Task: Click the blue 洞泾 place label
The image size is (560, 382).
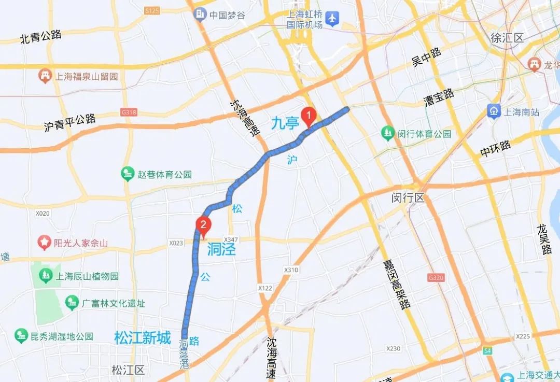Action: click(221, 250)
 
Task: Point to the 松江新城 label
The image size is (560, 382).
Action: click(142, 338)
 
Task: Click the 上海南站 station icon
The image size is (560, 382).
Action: click(494, 111)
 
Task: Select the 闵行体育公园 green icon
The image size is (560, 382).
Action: click(387, 133)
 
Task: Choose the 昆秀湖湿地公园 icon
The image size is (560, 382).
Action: click(21, 336)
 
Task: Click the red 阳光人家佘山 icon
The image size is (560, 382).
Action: click(45, 243)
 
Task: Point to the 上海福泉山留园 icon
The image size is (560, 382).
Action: click(46, 76)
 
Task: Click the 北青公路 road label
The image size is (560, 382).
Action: click(40, 37)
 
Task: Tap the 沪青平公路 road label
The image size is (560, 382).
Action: click(70, 123)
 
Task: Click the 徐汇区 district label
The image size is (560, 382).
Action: click(507, 37)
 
